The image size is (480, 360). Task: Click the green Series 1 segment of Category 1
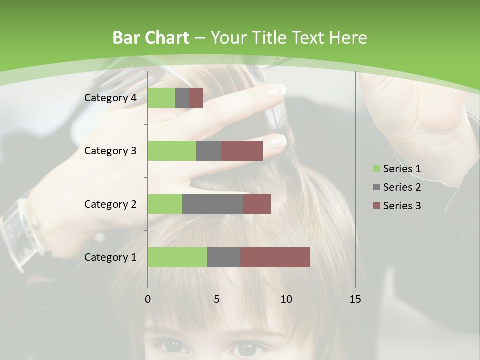coord(177,257)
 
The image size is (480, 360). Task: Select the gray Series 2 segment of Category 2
coord(213,204)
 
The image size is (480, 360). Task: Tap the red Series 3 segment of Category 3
coord(242,151)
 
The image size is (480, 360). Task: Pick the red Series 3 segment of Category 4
coord(196,98)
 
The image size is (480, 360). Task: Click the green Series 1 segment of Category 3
coord(172,151)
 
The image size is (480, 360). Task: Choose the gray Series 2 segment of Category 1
coord(224,257)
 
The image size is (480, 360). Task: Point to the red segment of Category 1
coord(275,257)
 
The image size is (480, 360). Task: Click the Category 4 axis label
coord(110,98)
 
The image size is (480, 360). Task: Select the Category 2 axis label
coord(110,204)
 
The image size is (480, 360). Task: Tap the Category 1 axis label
coord(110,257)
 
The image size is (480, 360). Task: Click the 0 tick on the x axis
coord(148,299)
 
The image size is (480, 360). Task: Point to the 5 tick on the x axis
coord(217,299)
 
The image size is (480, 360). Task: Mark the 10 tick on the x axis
coord(286,299)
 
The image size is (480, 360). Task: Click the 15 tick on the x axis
coord(355,299)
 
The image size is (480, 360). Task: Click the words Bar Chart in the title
coord(151,38)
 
